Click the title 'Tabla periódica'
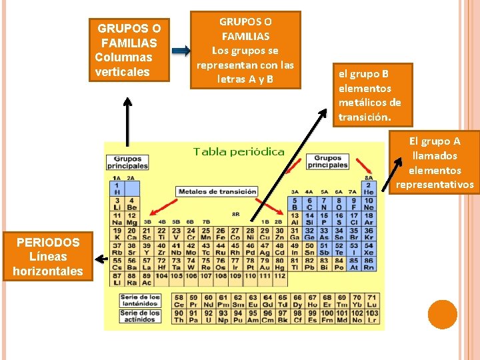239,151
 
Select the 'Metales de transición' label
217,192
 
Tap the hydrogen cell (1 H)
117,188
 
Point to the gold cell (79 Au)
265,265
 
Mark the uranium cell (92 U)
208,316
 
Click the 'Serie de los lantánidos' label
139,300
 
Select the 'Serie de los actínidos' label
139,315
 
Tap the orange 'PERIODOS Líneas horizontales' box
47,256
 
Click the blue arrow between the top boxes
180,51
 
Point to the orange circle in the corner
442,314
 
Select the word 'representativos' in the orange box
435,185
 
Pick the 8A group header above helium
369,178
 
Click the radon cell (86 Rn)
369,265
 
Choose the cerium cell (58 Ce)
179,301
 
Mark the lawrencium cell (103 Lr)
371,316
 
